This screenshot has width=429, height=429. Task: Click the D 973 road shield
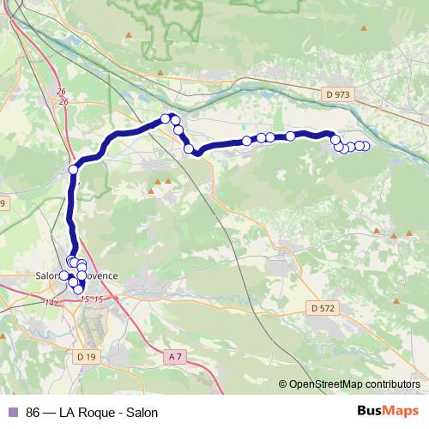click(x=339, y=93)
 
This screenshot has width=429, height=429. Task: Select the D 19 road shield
click(x=85, y=355)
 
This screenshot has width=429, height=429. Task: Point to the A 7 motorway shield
click(x=176, y=356)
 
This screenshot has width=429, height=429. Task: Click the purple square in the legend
click(x=12, y=412)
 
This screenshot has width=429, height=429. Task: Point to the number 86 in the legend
click(x=33, y=412)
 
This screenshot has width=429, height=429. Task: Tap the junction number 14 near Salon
click(x=49, y=303)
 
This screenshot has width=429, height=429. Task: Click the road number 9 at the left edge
click(x=3, y=203)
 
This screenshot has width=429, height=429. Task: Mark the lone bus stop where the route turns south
click(x=73, y=170)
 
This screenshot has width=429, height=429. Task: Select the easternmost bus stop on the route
click(x=365, y=146)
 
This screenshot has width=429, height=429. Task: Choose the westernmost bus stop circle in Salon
click(x=63, y=275)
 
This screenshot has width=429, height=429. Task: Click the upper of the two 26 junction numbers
click(x=60, y=91)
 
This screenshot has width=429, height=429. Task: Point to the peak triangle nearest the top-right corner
click(x=364, y=28)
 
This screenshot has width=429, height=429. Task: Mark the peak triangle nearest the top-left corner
click(x=129, y=35)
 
